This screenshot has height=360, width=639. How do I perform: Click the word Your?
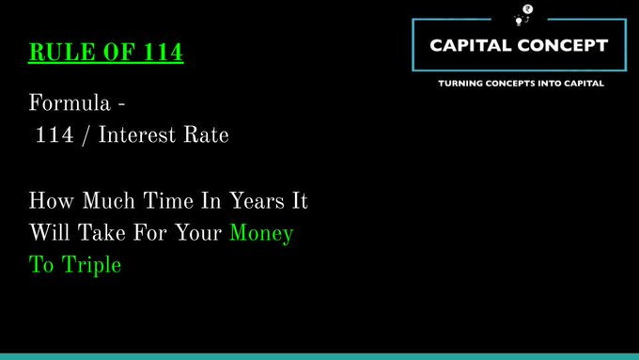[x=195, y=233]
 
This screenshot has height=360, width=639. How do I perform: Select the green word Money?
[x=261, y=233]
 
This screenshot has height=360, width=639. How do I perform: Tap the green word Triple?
[x=92, y=265]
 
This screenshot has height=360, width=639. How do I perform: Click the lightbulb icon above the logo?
[x=520, y=16]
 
